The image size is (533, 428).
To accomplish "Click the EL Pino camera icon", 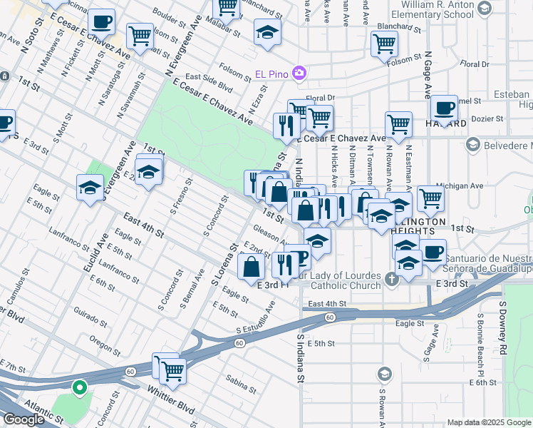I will [x=300, y=73].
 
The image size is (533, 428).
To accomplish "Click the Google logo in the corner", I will [x=23, y=419].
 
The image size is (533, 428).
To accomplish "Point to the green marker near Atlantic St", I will [x=81, y=389].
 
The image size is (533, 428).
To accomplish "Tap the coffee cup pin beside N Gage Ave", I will [x=444, y=108].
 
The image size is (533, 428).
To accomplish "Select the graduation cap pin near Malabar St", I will [x=267, y=32].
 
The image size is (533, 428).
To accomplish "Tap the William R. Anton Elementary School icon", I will [x=485, y=9].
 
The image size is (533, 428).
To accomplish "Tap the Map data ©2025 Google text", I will [x=488, y=422].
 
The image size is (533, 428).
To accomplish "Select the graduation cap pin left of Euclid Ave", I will [x=90, y=188].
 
